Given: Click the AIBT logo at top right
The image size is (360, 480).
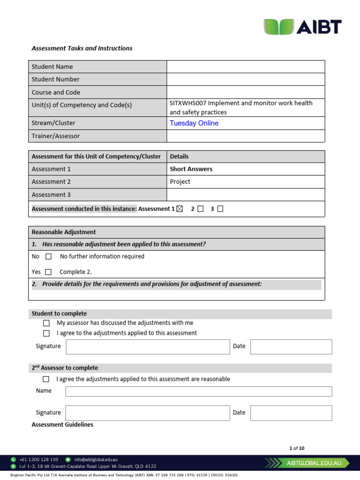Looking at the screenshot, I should [302, 27].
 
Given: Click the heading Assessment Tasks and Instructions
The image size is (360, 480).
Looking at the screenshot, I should [82, 48].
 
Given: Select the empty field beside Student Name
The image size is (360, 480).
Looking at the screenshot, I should [245, 67].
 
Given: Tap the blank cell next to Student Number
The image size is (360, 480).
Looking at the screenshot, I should [245, 79].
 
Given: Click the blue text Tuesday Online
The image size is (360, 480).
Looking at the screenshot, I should [194, 123].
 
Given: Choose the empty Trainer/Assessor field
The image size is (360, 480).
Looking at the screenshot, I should [245, 136].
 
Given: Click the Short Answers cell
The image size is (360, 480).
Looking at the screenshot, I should [191, 169].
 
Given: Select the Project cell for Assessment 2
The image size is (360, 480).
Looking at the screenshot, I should [180, 182].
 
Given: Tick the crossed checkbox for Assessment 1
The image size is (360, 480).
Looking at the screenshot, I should [180, 209].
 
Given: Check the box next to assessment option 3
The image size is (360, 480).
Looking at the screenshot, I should [220, 209].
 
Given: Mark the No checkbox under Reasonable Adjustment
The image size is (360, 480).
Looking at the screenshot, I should [48, 257].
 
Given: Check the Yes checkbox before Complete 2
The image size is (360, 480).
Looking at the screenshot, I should [48, 272].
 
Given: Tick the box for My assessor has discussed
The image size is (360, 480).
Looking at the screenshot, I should [46, 323].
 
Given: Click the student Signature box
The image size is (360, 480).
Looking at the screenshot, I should [148, 347].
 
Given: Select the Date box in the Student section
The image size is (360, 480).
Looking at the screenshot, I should [291, 347].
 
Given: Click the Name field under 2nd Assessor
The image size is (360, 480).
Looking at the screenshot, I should [198, 391].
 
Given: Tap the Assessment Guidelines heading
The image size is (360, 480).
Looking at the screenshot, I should [62, 425].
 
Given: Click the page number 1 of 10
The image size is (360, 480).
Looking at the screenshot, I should [297, 448].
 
